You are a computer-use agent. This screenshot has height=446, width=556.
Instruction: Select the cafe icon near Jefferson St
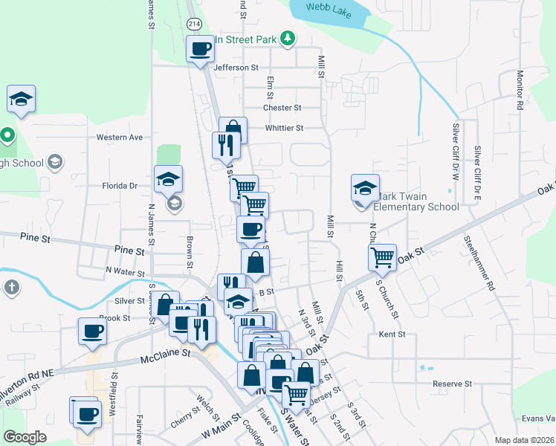click(x=200, y=50)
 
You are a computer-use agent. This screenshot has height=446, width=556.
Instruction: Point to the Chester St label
click(x=282, y=108)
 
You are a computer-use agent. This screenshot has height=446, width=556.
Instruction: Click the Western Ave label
click(x=120, y=138)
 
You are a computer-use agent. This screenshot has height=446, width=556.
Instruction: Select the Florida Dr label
click(x=120, y=186)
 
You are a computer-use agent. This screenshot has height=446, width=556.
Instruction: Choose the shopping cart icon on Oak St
click(x=382, y=256)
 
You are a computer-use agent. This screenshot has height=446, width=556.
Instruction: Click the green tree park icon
click(x=289, y=39)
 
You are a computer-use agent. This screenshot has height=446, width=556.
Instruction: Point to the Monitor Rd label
click(x=520, y=90)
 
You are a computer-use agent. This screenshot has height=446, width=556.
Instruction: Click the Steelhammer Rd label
click(x=479, y=262)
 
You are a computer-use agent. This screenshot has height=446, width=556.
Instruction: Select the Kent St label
click(x=392, y=334)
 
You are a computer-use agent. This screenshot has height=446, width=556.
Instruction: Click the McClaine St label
click(x=167, y=361)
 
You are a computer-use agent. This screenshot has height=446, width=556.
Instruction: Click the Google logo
click(x=25, y=437)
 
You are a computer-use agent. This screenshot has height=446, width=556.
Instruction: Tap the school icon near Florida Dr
click(x=169, y=178)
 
